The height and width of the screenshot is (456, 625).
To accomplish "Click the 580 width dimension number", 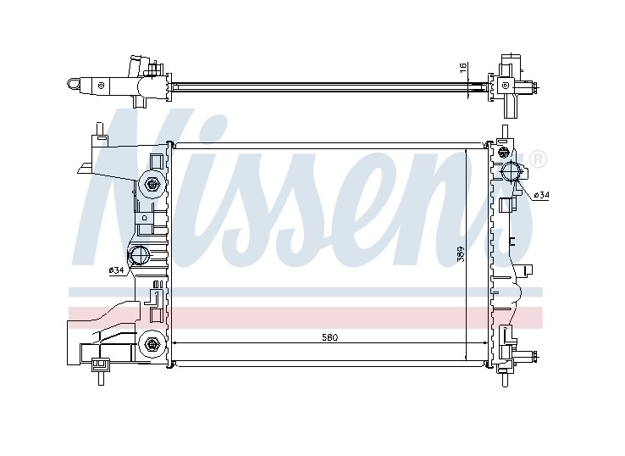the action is (x=329, y=337).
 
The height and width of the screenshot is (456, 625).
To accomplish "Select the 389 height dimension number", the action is (x=461, y=253).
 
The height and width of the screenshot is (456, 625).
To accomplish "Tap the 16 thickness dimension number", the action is (x=463, y=68).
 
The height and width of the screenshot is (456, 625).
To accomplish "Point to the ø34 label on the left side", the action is (x=116, y=270).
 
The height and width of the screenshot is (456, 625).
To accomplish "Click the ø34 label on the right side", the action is (x=541, y=195).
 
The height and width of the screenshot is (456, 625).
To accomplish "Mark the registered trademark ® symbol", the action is (x=539, y=158).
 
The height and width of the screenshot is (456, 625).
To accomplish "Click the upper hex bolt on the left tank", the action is (x=152, y=184).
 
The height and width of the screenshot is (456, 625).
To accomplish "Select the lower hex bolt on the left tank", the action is (x=152, y=343).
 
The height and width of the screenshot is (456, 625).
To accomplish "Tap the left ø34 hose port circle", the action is (x=139, y=255).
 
